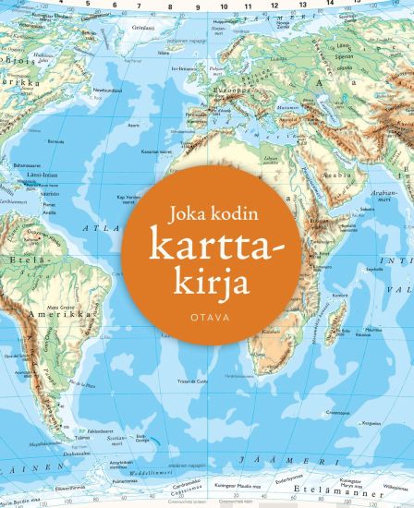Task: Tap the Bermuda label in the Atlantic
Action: click(x=55, y=141)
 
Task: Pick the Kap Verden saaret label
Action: click(x=130, y=197)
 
